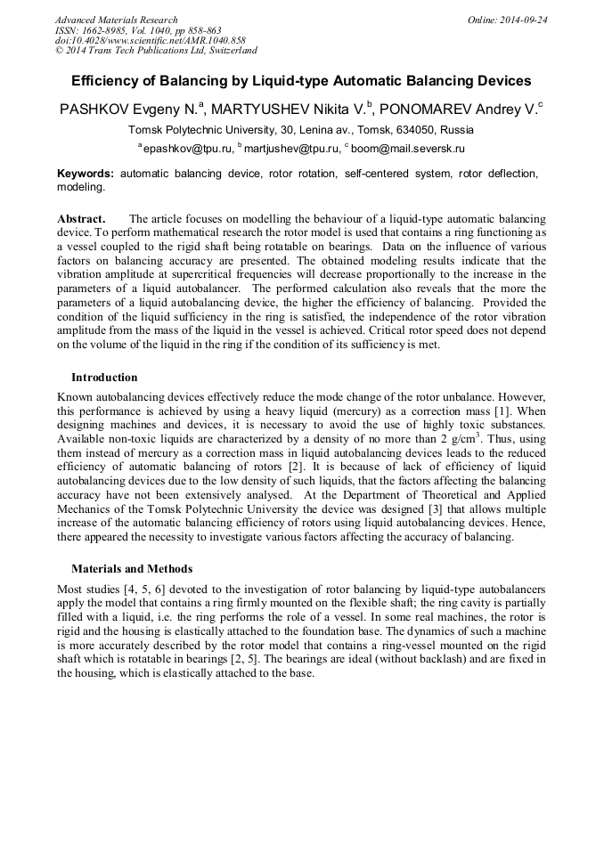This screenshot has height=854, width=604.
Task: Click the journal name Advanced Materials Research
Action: pos(116,20)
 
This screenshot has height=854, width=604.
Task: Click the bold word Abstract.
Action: pos(81,218)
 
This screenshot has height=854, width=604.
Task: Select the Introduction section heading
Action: pos(104,377)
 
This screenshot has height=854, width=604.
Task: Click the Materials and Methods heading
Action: pos(132,568)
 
